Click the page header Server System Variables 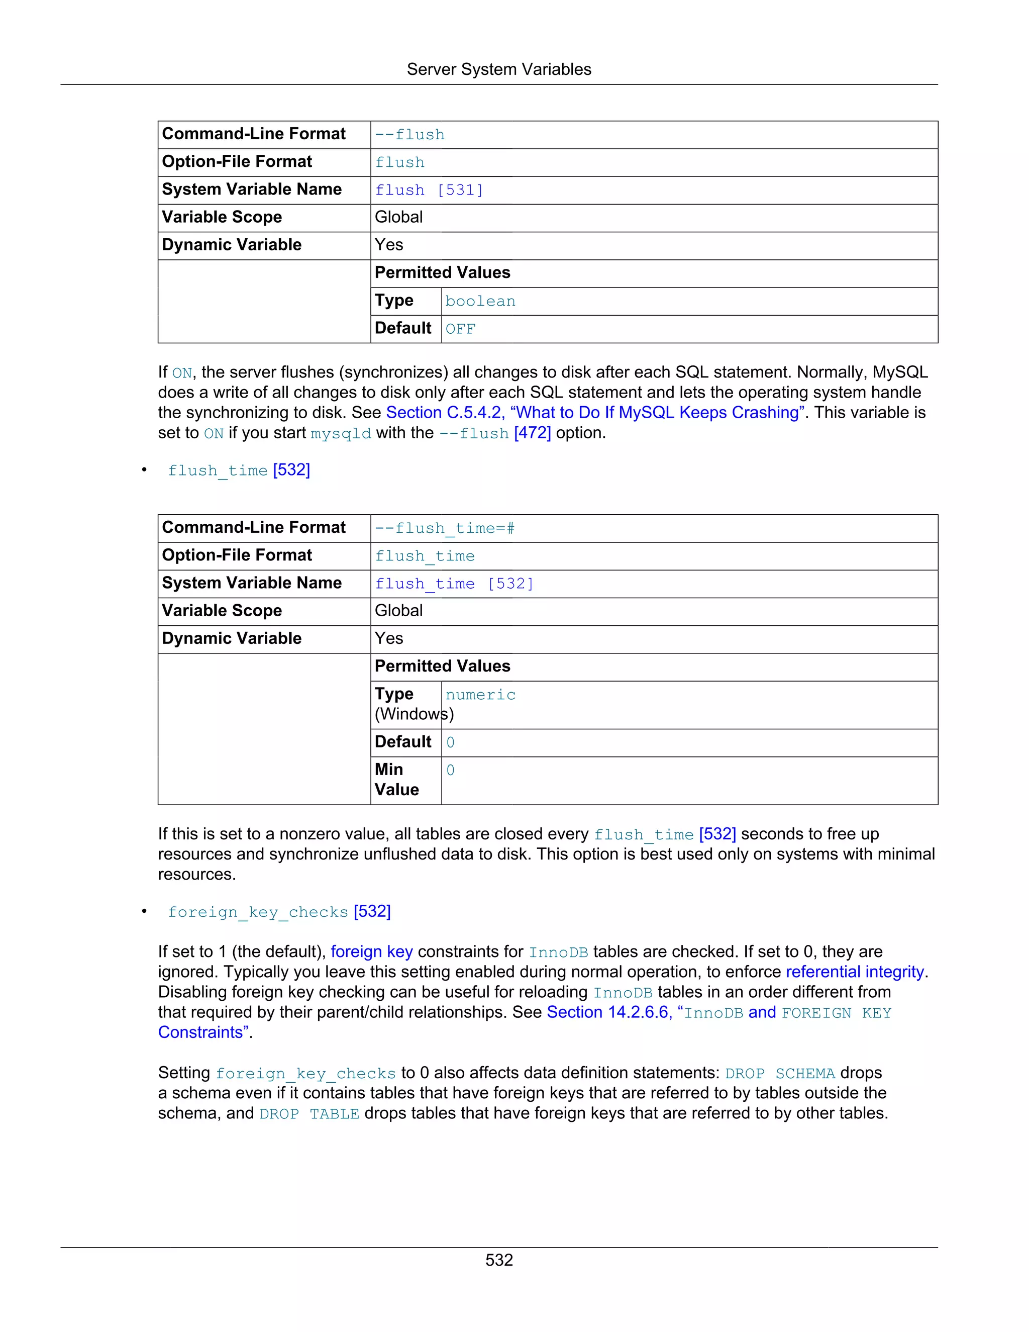[498, 69]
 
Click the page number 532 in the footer [498, 1260]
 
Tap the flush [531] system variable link [429, 191]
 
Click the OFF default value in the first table [460, 329]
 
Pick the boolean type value [480, 301]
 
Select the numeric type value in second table [480, 695]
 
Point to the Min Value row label [397, 780]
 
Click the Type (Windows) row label [405, 704]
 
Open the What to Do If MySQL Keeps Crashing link [594, 413]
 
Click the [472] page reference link [532, 433]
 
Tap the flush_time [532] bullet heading [239, 470]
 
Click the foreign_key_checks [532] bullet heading [279, 912]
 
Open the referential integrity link [855, 972]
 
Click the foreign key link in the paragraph [372, 952]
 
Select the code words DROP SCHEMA [780, 1074]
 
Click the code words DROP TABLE [309, 1114]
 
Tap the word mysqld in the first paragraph [341, 434]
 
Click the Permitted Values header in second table [443, 666]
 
